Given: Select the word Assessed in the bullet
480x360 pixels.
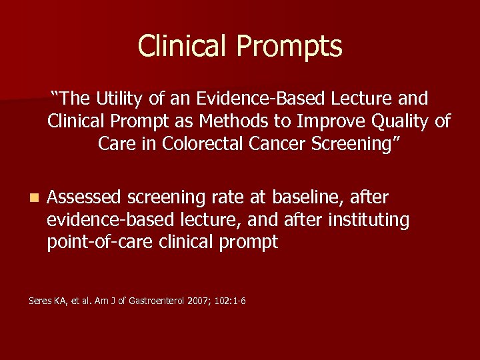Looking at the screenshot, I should pyautogui.click(x=84, y=198).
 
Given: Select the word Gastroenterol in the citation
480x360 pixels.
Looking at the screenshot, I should pyautogui.click(x=149, y=301).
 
